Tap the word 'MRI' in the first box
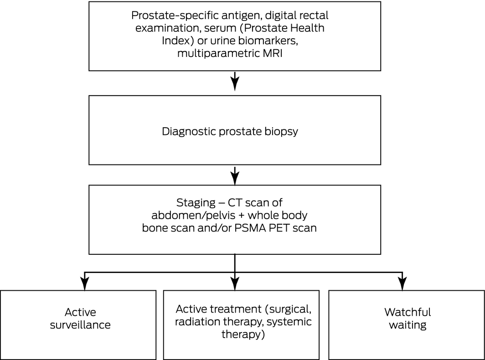(273, 53)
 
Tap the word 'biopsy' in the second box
(281, 132)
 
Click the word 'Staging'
(196, 203)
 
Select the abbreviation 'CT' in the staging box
(234, 203)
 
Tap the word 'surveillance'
(80, 325)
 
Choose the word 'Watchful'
(408, 312)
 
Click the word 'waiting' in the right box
(408, 325)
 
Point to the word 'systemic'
(289, 322)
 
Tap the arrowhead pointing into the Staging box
(235, 179)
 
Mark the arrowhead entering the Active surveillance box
(84, 284)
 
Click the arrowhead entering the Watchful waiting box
(402, 284)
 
